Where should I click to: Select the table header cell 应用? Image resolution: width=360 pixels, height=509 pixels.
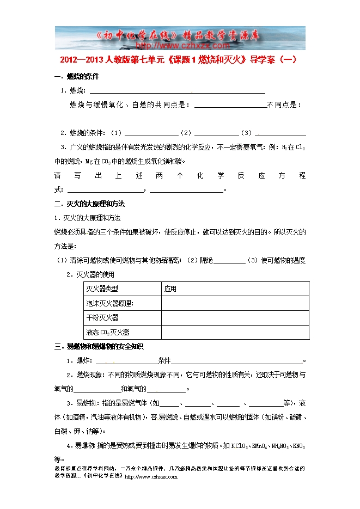(x=170, y=289)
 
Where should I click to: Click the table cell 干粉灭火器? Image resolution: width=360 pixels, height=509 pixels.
(x=102, y=317)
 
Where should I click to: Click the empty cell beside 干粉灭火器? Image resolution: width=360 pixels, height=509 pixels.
(x=235, y=317)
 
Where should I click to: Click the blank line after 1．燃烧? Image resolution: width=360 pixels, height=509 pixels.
(x=176, y=92)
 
